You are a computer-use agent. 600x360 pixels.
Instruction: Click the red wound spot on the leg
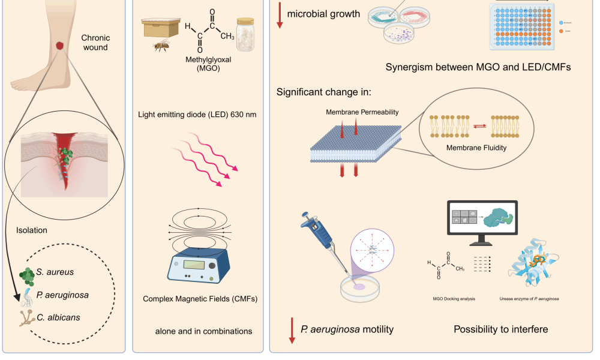coord(60,46)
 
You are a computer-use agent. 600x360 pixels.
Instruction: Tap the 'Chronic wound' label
coord(95,43)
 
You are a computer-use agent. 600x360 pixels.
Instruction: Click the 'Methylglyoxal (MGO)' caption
coord(200,65)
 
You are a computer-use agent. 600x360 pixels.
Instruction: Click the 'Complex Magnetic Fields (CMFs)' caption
coord(200,299)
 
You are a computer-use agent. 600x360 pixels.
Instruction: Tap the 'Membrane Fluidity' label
coord(476,145)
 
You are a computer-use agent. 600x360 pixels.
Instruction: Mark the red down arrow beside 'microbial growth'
coord(280,15)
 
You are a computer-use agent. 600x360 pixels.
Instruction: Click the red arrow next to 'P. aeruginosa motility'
coord(292,331)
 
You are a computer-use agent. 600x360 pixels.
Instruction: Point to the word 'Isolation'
coord(32,230)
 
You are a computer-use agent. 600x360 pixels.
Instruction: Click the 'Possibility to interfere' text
coord(500,329)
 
